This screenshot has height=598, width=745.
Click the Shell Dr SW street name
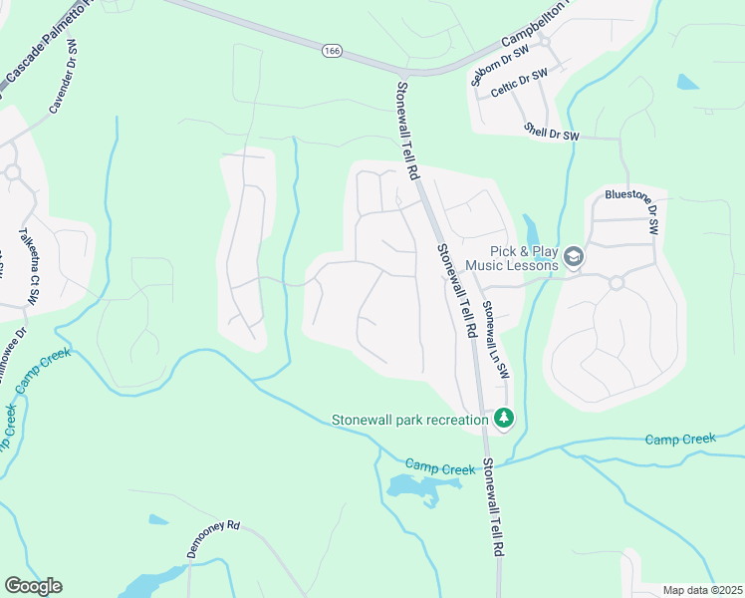pyautogui.click(x=551, y=134)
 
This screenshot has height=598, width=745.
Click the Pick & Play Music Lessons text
pyautogui.click(x=524, y=259)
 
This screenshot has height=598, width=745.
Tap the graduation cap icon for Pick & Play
pyautogui.click(x=574, y=258)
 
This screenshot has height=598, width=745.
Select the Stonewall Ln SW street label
pyautogui.click(x=495, y=341)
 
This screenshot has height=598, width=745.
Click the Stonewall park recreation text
pyautogui.click(x=409, y=420)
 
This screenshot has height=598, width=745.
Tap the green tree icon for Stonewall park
pyautogui.click(x=505, y=419)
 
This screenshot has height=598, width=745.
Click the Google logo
pyautogui.click(x=33, y=586)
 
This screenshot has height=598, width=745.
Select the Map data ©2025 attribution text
pyautogui.click(x=701, y=590)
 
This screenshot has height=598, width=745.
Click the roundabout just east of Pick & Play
pyautogui.click(x=616, y=283)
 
